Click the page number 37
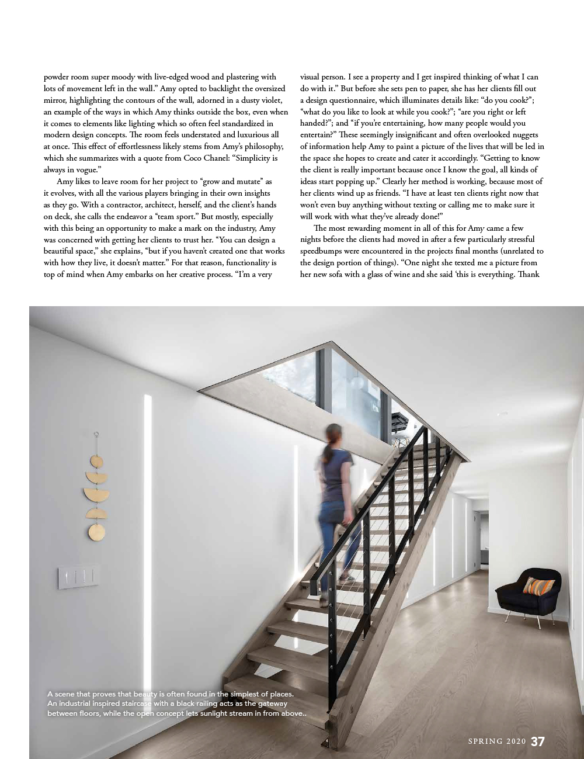click(x=538, y=741)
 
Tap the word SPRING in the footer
click(x=485, y=742)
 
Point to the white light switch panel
click(x=78, y=577)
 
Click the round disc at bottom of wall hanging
click(x=96, y=532)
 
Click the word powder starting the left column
click(x=57, y=77)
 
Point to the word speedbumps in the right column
click(x=321, y=251)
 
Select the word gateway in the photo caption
click(x=273, y=703)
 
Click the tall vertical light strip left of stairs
click(x=147, y=462)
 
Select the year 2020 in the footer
click(x=516, y=742)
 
